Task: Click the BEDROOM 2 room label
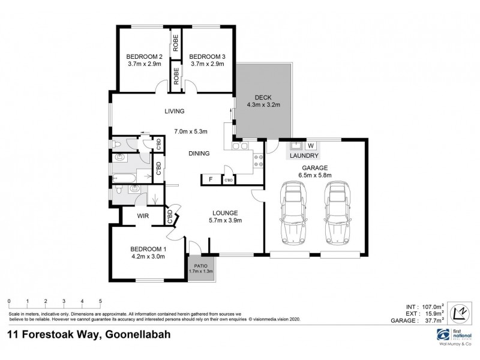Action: tap(144, 56)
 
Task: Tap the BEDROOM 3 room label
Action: tap(207, 56)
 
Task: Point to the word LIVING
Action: tap(175, 111)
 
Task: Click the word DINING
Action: tap(199, 154)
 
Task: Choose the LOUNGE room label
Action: tap(225, 212)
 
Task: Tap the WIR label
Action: tap(143, 215)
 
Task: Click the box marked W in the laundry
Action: tap(311, 145)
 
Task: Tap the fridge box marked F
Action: tap(211, 179)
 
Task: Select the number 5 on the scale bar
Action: tap(100, 301)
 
